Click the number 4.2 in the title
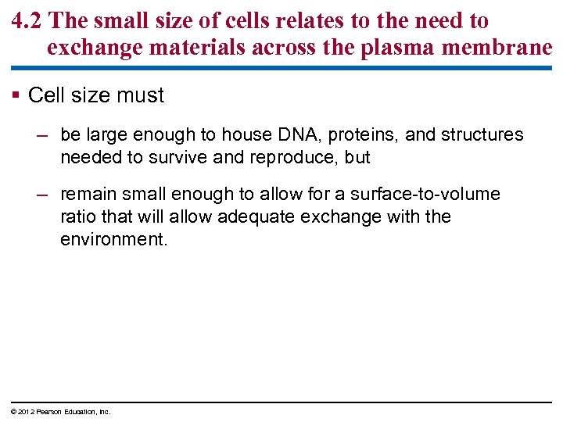pyautogui.click(x=29, y=21)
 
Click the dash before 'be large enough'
pyautogui.click(x=46, y=135)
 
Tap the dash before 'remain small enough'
pyautogui.click(x=46, y=195)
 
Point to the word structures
pyautogui.click(x=482, y=135)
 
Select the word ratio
pyautogui.click(x=77, y=216)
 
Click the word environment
pyautogui.click(x=112, y=238)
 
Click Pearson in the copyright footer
pyautogui.click(x=43, y=412)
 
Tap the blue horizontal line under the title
pyautogui.click(x=281, y=68)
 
